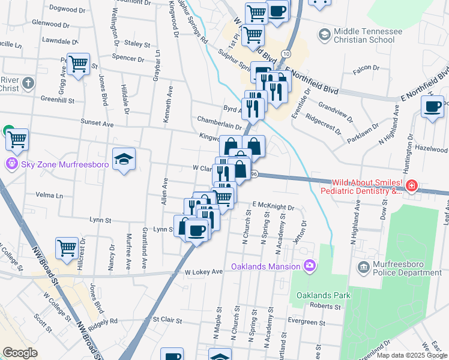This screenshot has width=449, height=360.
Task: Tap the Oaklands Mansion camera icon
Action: (x=310, y=265)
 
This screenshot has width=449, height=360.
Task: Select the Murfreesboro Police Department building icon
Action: (x=363, y=266)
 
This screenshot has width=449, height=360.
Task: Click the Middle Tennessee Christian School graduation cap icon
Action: (x=325, y=34)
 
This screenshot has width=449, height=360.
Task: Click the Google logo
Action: (x=20, y=353)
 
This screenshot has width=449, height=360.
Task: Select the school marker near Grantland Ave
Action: (x=124, y=159)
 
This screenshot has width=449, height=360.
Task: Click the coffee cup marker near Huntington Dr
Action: (x=432, y=107)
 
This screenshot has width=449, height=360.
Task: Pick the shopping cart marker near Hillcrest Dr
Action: (x=67, y=247)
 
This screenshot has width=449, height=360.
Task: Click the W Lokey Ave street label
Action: (x=203, y=272)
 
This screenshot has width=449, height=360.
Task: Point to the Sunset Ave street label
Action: (x=97, y=123)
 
